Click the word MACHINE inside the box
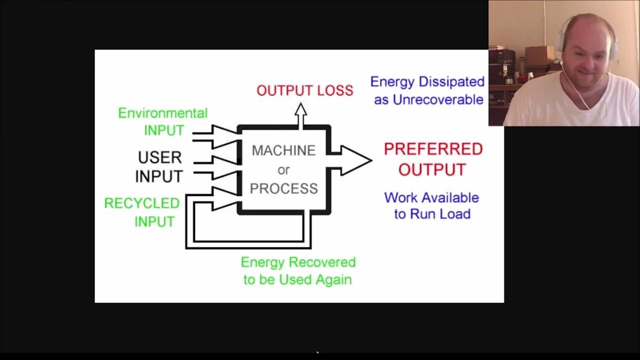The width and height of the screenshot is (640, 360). [x=283, y=150]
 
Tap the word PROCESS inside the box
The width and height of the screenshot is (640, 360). [x=283, y=188]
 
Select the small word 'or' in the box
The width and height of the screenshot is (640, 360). [x=283, y=170]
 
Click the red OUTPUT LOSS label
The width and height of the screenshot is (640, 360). [x=304, y=90]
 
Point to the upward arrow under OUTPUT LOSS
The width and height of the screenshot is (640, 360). [x=300, y=115]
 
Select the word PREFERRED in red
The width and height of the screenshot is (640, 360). [x=433, y=149]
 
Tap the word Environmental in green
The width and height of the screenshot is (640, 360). [x=162, y=113]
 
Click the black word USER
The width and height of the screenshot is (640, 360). [x=159, y=157]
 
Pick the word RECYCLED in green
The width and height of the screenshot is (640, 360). [x=141, y=203]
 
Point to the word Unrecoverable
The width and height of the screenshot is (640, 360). [x=438, y=99]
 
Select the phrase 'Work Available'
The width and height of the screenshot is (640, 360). [x=431, y=197]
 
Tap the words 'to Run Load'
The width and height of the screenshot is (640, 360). [x=432, y=214]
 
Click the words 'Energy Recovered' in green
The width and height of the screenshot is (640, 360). [x=298, y=262]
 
